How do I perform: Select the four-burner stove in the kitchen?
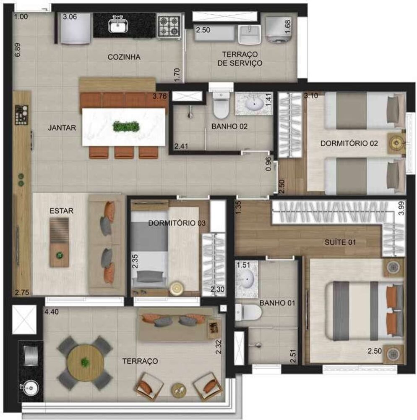coord(169,25)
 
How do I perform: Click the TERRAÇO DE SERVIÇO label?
coord(242,59)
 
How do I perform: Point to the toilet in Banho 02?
coord(221,107)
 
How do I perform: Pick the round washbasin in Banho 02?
coord(254,103)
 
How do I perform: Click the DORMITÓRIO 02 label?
coord(349,143)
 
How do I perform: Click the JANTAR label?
coord(62,128)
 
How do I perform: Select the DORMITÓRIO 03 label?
coord(177,223)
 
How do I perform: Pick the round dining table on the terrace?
coord(86,362)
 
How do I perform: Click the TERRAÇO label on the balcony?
coord(140,361)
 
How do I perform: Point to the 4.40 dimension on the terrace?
coord(52,312)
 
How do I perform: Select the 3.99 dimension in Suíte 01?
coord(401,208)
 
